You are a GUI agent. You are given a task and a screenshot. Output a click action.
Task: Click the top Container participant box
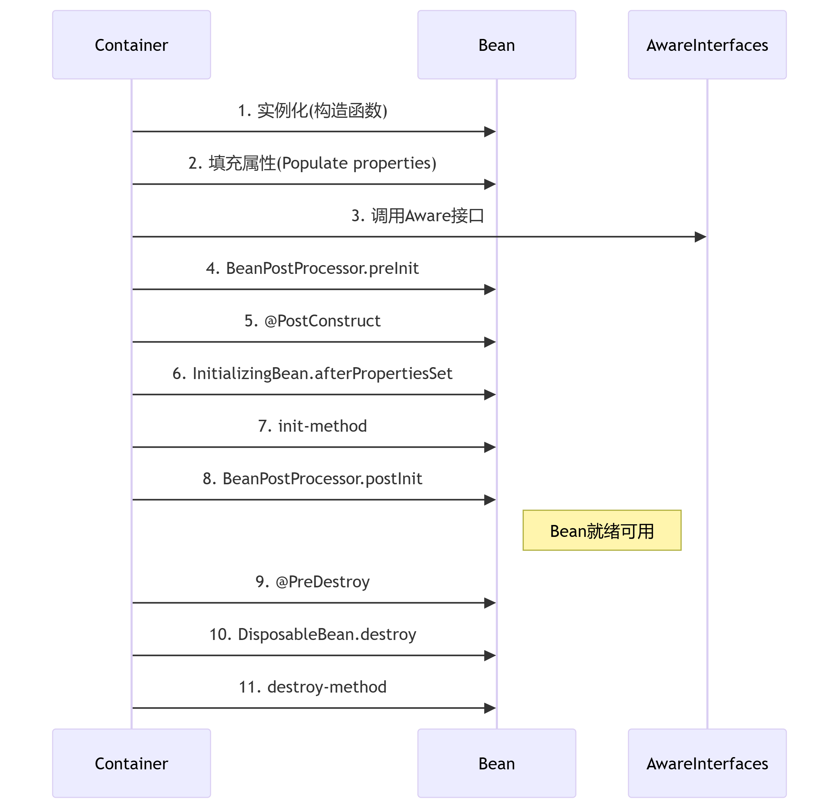132,45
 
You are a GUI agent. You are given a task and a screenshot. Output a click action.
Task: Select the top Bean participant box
497,45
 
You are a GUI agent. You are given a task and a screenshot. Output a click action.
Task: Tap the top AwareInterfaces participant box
707,45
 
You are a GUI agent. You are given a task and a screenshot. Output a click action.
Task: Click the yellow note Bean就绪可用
602,531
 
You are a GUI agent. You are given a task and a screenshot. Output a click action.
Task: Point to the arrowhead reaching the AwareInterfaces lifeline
701,237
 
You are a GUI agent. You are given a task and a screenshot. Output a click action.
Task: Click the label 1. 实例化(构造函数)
313,110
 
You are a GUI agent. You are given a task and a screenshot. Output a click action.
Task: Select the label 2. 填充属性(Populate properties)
313,163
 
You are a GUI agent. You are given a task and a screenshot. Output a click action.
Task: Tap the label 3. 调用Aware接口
418,216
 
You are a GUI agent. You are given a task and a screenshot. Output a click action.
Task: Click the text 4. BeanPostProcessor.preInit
313,268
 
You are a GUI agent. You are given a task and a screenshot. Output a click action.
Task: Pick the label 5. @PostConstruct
313,321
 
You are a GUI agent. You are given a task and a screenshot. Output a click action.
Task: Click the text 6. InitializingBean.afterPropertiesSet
313,373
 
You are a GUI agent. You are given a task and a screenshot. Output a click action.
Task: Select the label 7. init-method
313,426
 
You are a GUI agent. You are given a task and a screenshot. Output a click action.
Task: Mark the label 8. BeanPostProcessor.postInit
313,479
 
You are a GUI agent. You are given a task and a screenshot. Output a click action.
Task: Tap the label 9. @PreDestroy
313,582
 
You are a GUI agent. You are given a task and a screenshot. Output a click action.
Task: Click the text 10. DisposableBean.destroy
313,634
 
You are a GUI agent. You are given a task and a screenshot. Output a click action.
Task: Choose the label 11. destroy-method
313,687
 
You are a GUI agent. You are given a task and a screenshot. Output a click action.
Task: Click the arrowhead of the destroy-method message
491,708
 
